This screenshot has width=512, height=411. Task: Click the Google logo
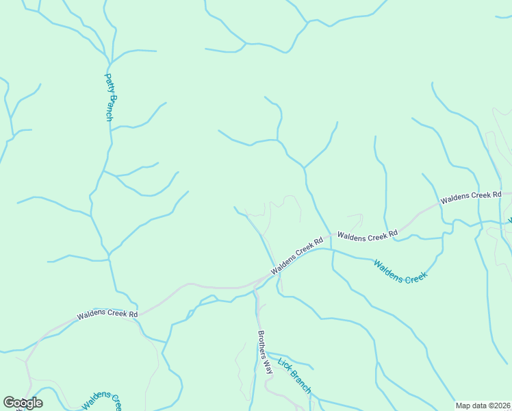click(23, 403)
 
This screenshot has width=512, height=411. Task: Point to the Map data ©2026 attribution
click(483, 406)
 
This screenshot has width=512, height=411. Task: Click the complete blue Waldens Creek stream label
click(400, 271)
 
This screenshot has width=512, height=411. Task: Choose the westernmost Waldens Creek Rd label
click(107, 314)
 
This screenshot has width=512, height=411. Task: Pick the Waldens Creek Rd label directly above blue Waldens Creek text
click(368, 235)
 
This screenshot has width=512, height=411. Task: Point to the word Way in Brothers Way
click(268, 367)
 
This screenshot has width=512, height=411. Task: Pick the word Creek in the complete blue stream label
click(415, 276)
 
